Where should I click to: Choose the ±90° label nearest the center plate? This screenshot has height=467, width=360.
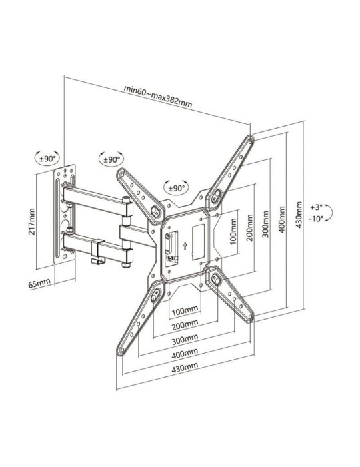[176, 188]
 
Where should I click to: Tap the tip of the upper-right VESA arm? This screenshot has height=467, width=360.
[249, 141]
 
